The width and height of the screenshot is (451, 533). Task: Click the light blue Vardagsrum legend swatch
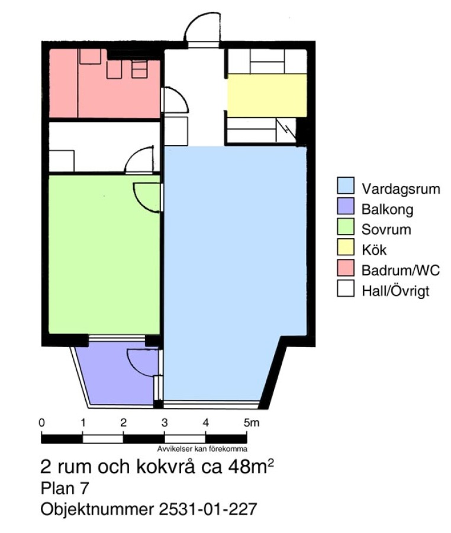click(346, 185)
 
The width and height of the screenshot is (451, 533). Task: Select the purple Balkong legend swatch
click(346, 206)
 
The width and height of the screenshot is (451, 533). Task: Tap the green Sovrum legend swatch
click(346, 226)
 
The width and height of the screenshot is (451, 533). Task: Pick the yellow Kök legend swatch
click(346, 247)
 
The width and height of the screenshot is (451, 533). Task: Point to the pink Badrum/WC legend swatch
click(346, 268)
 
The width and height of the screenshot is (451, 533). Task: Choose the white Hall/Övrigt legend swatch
click(346, 288)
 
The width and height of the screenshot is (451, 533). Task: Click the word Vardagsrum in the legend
click(401, 189)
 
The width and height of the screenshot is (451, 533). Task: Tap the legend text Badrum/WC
click(401, 270)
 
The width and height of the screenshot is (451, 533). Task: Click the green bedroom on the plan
click(104, 254)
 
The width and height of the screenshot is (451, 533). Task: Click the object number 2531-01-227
click(208, 509)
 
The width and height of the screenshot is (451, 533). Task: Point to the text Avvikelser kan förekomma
click(202, 449)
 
